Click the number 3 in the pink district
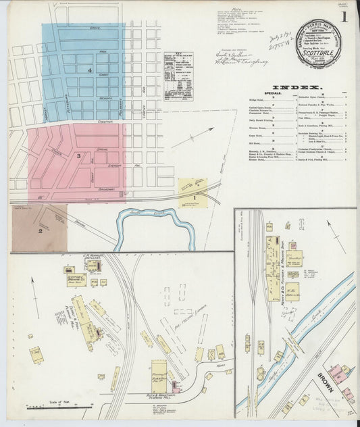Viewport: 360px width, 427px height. pos(79,157)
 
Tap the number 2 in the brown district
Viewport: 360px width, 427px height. pos(41,232)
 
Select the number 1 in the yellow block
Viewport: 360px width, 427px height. pos(195,197)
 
